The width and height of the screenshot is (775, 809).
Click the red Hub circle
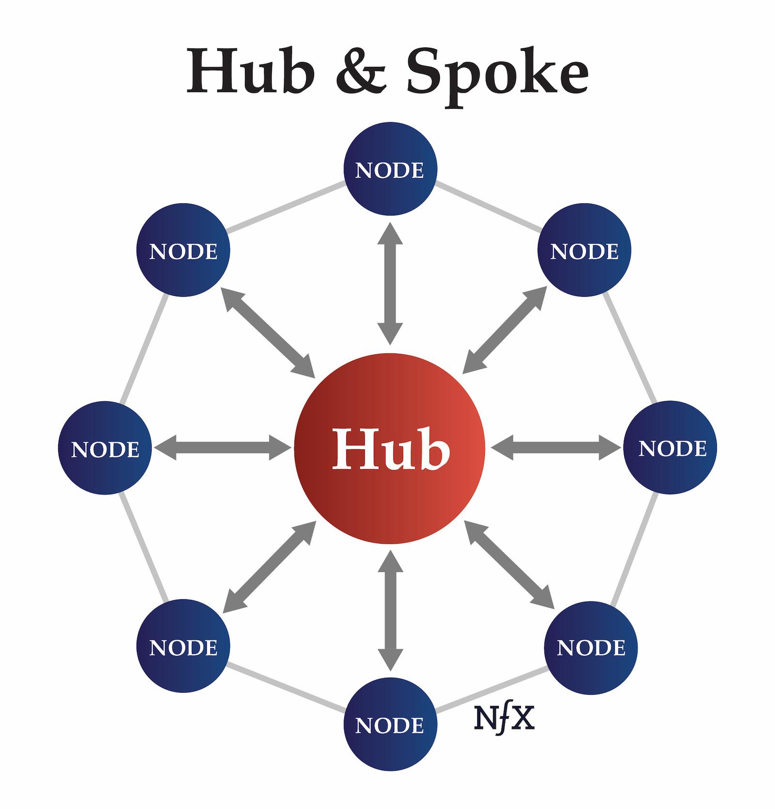pos(390,448)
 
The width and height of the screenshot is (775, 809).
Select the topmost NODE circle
pos(390,169)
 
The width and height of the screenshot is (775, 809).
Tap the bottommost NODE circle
pos(390,724)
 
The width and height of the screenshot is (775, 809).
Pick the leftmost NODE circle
pos(105,448)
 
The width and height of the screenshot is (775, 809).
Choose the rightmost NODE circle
pos(671,448)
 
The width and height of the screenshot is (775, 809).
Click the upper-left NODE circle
pos(184,250)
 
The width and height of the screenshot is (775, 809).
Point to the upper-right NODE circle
pos(584,250)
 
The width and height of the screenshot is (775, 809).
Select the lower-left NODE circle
pos(184,646)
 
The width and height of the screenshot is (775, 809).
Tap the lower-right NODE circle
pos(591,646)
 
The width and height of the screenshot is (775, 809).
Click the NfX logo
pos(504,718)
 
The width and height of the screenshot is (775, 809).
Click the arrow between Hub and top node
pos(390,283)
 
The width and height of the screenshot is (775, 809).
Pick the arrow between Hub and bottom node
pos(390,610)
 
